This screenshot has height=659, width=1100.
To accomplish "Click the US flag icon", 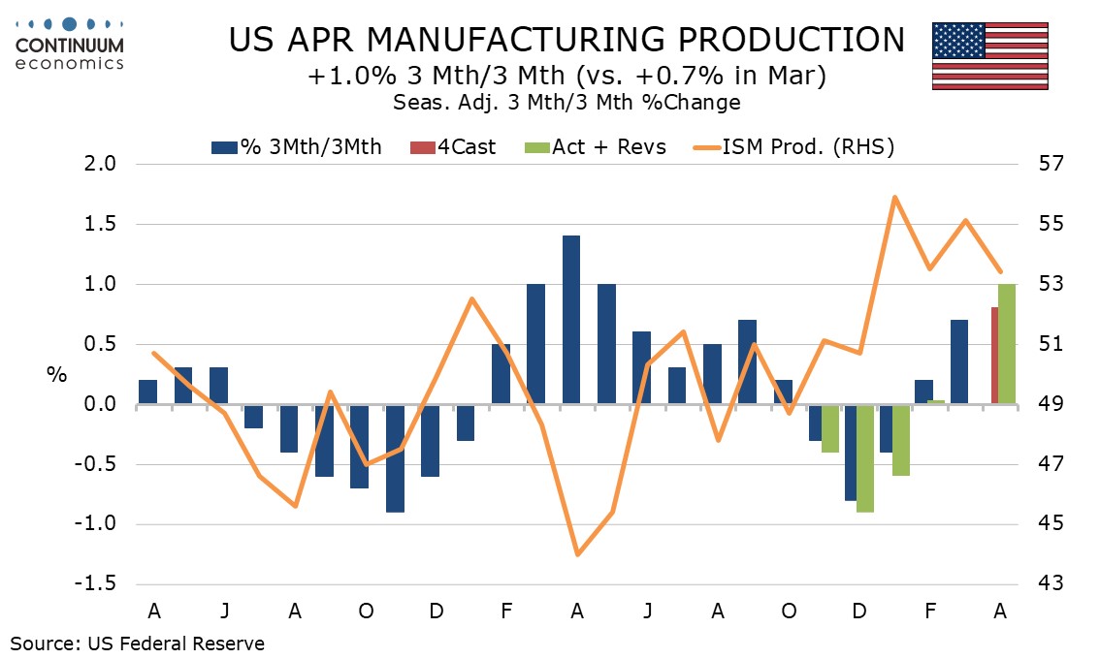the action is [989, 56].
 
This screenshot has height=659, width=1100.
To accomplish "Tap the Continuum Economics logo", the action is [70, 44].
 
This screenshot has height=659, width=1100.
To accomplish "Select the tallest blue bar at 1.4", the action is [571, 320].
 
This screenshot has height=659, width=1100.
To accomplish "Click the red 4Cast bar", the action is [994, 356].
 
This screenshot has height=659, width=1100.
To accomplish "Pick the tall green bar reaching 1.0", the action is [1007, 343].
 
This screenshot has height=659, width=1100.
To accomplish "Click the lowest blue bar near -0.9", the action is [395, 458].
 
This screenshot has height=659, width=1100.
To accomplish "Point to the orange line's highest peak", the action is [894, 197].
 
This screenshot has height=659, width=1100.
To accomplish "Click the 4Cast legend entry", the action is [453, 147].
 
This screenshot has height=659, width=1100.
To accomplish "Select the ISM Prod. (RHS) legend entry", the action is [793, 147].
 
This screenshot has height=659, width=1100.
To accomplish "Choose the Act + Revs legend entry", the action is [595, 147].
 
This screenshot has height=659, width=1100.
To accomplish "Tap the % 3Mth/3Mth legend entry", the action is [296, 147].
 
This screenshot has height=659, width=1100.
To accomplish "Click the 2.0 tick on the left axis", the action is [101, 164].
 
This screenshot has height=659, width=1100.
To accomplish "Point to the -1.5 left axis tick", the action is [97, 584].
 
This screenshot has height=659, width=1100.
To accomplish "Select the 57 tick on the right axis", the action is [1051, 164].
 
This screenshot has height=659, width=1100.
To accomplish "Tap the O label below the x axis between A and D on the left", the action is [366, 612].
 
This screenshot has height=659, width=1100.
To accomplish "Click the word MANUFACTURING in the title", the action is [515, 40].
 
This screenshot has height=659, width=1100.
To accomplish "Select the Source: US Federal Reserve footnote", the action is [138, 643].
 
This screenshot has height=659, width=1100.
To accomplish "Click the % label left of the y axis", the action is [57, 374].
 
